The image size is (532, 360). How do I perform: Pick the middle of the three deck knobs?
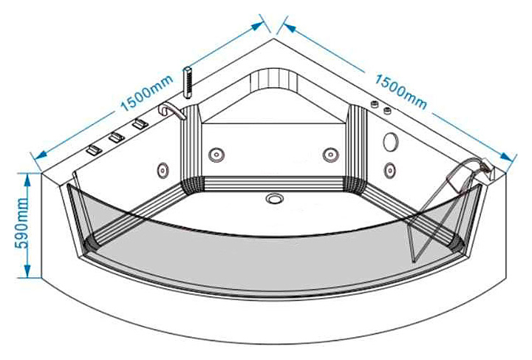[x=115, y=137]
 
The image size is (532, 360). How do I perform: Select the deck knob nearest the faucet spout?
[x=138, y=125]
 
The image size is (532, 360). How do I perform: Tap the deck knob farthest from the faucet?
[x=92, y=149]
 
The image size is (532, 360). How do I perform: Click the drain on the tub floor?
[x=275, y=198]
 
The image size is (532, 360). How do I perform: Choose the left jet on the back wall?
[x=216, y=154]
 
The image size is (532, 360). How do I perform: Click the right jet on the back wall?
[x=330, y=154]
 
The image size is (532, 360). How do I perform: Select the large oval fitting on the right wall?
[x=392, y=140]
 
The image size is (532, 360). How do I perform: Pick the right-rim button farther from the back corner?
[x=387, y=111]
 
